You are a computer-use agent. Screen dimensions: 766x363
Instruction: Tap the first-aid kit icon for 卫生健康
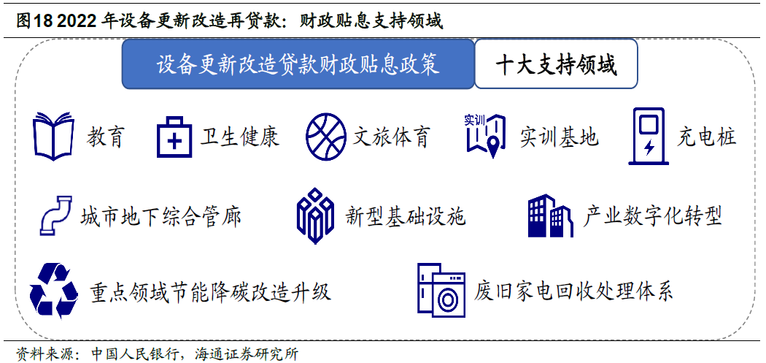tap(174, 137)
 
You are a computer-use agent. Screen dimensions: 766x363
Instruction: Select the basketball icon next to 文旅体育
tap(326, 137)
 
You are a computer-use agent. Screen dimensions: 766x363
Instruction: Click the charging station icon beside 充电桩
tap(648, 136)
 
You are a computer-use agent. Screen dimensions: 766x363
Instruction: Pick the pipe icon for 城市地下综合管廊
tap(55, 215)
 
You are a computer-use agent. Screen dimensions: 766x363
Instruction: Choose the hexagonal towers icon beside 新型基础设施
tap(315, 215)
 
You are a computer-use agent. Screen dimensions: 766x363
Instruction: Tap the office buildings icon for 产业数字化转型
tap(549, 215)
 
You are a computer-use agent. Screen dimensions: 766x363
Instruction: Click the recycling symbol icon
tap(54, 291)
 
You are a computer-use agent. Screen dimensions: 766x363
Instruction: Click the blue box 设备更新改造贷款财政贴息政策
tap(298, 64)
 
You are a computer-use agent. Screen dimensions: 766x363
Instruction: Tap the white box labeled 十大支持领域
tap(556, 64)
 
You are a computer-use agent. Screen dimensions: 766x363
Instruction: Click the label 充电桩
tap(706, 137)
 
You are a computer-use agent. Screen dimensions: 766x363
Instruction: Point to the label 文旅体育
tap(391, 137)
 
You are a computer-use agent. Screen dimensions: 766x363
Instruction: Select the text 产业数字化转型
tap(652, 215)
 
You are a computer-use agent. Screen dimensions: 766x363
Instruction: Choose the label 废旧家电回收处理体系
tap(573, 291)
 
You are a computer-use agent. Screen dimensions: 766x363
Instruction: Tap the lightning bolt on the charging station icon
tap(649, 148)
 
